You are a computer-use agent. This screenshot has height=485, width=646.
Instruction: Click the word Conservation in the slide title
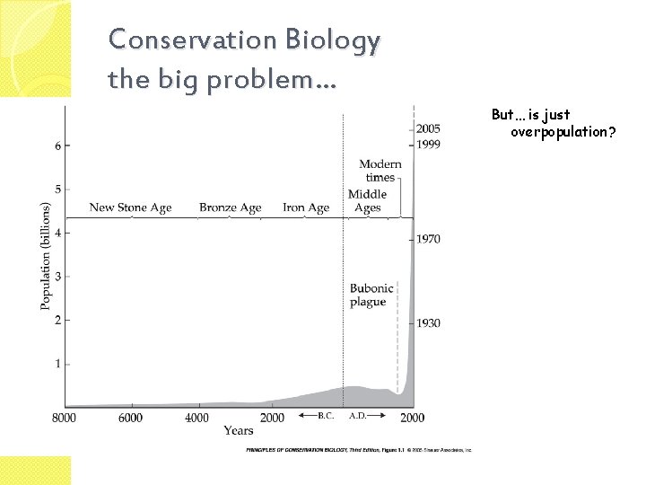click(x=171, y=41)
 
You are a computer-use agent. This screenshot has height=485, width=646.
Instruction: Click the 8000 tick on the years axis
click(x=65, y=418)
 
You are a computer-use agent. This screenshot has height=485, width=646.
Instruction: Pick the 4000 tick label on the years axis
click(x=196, y=418)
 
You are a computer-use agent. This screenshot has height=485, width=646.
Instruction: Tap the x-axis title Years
click(x=238, y=431)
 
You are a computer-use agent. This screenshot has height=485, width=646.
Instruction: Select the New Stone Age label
click(x=130, y=207)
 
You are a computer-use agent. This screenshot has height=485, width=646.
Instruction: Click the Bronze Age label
click(x=230, y=207)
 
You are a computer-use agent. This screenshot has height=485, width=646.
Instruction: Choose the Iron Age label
click(x=306, y=207)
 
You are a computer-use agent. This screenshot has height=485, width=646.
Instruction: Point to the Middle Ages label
click(x=367, y=201)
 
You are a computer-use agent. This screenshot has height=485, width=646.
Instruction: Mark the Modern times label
click(x=380, y=171)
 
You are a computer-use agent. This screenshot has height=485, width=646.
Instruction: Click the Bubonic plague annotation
click(x=368, y=295)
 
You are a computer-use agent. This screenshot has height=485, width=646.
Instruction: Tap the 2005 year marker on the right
click(x=428, y=129)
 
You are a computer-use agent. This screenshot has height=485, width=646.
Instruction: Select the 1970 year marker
click(x=428, y=239)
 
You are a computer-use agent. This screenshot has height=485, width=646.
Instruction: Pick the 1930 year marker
click(x=428, y=322)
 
